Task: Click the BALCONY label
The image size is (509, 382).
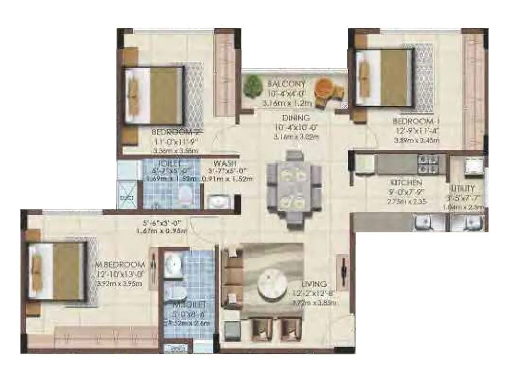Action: tap(287, 84)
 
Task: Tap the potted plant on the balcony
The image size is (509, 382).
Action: tap(251, 87)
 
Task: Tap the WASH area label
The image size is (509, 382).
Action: tap(224, 163)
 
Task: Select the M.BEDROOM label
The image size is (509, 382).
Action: tap(120, 265)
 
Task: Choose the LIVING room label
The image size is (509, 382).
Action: tap(314, 284)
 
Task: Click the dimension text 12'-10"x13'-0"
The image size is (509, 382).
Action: tap(121, 275)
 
